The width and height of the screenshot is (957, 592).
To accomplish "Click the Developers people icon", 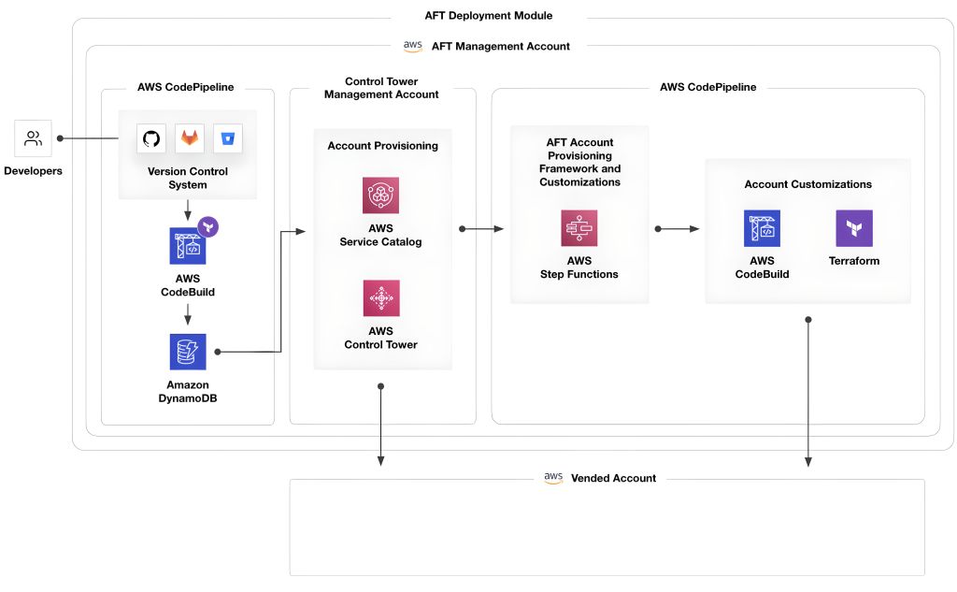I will click(x=33, y=138).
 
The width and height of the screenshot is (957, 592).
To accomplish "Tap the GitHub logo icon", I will click(x=150, y=138).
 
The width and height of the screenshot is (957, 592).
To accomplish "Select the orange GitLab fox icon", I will click(x=190, y=138).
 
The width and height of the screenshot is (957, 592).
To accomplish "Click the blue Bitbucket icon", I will click(x=227, y=138).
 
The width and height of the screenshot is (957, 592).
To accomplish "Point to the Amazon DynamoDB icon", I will click(x=188, y=352).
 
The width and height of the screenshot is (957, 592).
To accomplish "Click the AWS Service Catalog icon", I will click(x=380, y=195).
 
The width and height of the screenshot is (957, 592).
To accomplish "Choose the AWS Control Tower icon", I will click(x=380, y=298).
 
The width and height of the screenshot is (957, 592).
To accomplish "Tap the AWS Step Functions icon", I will click(x=578, y=228).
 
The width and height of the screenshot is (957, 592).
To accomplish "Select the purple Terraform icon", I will click(x=853, y=228).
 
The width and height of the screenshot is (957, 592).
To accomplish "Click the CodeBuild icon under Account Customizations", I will click(x=762, y=228).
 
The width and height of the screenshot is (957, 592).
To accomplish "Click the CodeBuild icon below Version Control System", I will click(x=188, y=246).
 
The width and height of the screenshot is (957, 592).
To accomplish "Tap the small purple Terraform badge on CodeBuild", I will click(x=209, y=226).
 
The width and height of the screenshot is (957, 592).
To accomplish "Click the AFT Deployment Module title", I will click(x=501, y=16).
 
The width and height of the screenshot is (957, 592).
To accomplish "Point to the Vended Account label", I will click(x=613, y=478).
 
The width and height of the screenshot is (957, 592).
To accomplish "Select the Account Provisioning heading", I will click(x=382, y=146).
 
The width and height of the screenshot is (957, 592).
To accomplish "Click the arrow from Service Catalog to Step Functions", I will click(x=482, y=228).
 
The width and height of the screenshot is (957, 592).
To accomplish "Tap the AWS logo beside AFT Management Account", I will click(x=412, y=45).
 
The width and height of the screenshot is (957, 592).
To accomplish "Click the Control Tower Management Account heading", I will click(x=381, y=88).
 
